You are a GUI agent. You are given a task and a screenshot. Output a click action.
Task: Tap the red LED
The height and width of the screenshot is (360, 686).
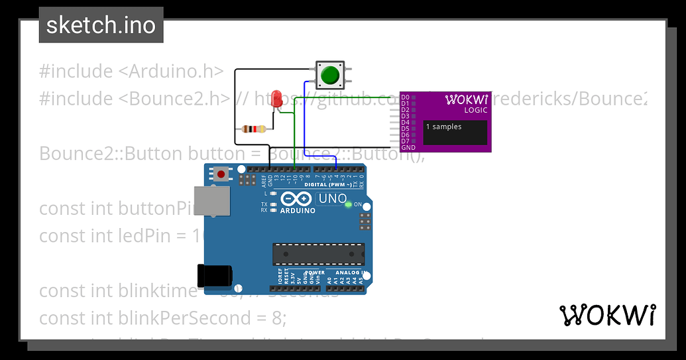(x=277, y=99)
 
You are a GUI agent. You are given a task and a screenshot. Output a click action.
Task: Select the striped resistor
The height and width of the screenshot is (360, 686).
(x=254, y=129)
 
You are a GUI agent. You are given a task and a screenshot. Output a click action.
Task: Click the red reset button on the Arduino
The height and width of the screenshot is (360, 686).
(x=220, y=174)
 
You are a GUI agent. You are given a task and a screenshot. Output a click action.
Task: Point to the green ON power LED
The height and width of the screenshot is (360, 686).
(x=349, y=204)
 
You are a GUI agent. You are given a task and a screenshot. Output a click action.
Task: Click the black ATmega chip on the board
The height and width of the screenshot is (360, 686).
(x=318, y=253)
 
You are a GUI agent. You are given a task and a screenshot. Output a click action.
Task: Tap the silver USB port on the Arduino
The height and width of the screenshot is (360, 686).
(x=214, y=201)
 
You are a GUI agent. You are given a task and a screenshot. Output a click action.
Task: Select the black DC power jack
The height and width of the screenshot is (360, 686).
(x=214, y=275)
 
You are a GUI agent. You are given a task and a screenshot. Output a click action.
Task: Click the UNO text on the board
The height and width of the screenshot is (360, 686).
(x=333, y=198)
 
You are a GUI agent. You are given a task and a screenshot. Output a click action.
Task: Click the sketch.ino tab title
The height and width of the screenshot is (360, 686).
(x=101, y=25)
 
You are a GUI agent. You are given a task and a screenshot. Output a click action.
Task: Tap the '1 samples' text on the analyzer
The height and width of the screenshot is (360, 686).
(x=444, y=127)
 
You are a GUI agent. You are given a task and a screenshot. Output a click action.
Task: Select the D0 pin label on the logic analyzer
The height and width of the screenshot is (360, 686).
(x=406, y=97)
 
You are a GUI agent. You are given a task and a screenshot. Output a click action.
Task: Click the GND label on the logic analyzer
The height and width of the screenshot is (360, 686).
(x=408, y=147)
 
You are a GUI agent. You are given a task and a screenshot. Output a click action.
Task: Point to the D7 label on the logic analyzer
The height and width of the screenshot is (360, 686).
(x=406, y=141)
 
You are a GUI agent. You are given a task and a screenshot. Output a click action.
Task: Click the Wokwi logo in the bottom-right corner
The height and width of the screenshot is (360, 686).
(x=608, y=315)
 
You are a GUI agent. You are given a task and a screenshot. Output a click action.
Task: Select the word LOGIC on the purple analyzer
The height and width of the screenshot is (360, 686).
(x=475, y=110)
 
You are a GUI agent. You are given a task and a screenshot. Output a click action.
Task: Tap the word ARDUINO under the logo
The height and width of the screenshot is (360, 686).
(x=298, y=210)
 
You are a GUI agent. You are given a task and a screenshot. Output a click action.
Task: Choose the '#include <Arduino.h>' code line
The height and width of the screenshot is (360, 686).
(x=131, y=71)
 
